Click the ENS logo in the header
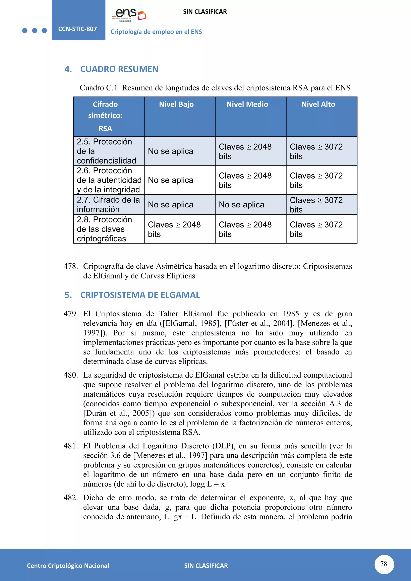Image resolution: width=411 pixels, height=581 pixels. [x=129, y=15]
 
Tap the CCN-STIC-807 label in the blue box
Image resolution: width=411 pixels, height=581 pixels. [x=77, y=29]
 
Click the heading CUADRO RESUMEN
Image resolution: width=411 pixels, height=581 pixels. [x=119, y=69]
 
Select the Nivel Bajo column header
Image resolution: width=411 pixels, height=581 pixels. [x=176, y=104]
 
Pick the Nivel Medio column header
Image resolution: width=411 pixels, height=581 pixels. [x=247, y=104]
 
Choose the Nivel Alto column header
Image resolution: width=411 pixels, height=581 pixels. [x=318, y=104]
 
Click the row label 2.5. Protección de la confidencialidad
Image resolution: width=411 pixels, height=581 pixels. [x=106, y=151]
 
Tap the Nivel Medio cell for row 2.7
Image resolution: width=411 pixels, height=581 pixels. [x=241, y=204]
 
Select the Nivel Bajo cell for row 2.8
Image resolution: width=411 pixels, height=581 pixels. [x=174, y=229]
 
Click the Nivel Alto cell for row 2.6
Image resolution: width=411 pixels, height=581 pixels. [x=316, y=180]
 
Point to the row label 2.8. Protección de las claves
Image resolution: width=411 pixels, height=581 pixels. [x=104, y=229]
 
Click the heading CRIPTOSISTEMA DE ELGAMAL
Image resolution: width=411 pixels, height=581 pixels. [x=140, y=295]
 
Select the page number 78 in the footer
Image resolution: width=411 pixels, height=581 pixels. [x=384, y=564]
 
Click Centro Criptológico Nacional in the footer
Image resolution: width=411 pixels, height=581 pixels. [x=68, y=566]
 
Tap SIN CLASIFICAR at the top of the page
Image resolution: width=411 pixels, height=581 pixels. [x=205, y=12]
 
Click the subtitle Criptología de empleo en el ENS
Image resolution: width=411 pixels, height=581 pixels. [x=156, y=32]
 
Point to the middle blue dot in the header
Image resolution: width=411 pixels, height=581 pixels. [x=35, y=30]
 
